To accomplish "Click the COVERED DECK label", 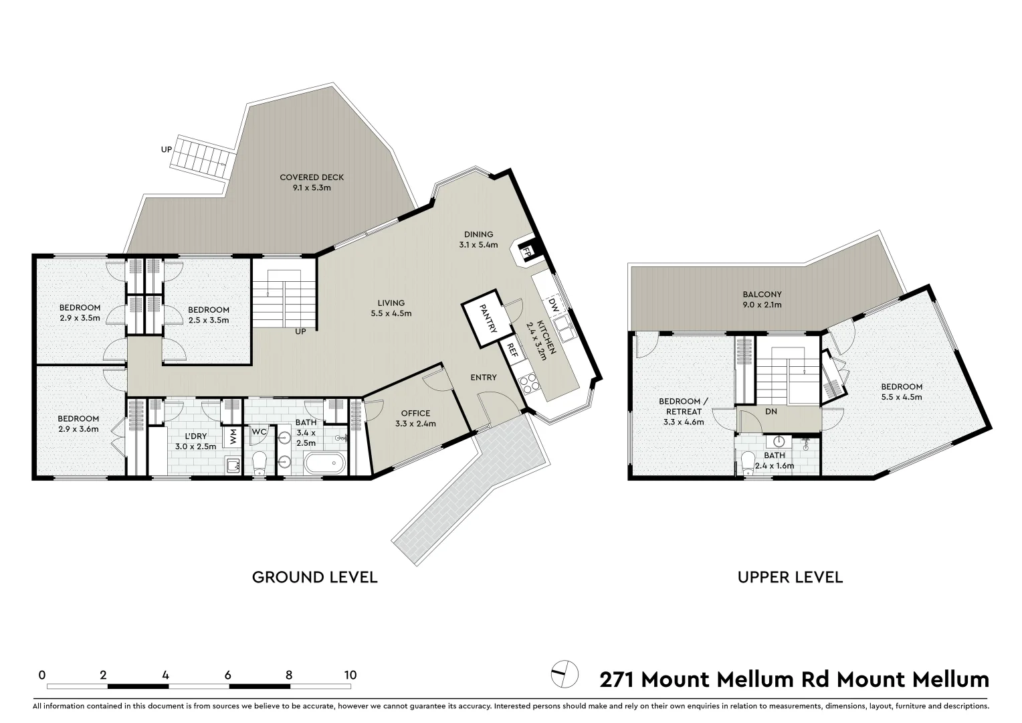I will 312,177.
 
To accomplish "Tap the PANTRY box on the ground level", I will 486,319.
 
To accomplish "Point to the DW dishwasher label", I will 553,305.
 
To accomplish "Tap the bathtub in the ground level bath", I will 324,462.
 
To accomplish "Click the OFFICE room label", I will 415,413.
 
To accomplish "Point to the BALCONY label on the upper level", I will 762,294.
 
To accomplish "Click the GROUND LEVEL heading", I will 314,577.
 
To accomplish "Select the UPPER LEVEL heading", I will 790,577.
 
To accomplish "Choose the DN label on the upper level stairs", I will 771,411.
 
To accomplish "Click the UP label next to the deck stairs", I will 167,149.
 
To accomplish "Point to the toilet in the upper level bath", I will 748,463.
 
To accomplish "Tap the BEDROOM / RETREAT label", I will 683,406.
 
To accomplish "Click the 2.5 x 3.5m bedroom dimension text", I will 209,320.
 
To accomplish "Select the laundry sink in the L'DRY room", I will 232,465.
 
